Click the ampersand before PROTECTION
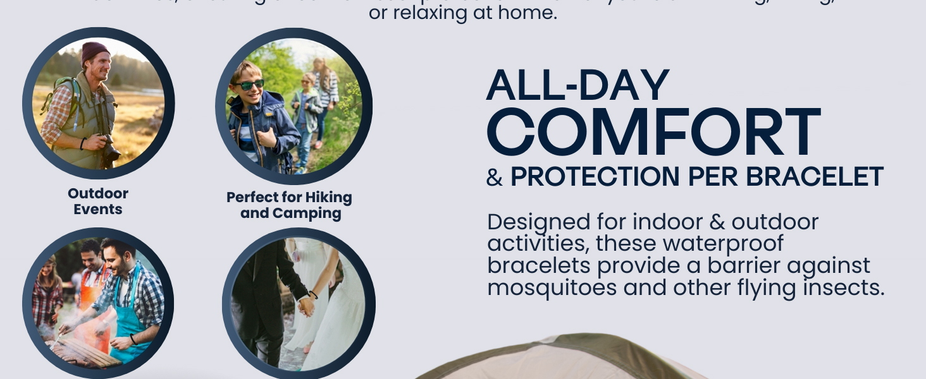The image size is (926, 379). point(494,178)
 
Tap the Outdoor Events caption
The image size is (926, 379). point(98,202)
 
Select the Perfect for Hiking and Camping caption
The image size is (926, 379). point(290,205)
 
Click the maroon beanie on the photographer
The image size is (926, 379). point(95,52)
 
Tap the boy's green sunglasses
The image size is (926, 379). point(250,85)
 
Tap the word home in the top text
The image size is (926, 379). point(533,13)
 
